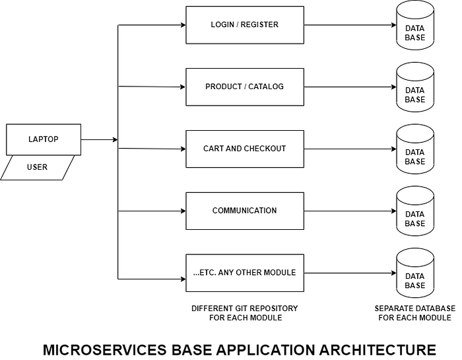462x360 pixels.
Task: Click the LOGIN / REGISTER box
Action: point(244,25)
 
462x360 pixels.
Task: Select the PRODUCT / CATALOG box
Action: point(244,87)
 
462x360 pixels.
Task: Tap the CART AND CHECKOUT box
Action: point(244,149)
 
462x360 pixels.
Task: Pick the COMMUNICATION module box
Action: point(244,211)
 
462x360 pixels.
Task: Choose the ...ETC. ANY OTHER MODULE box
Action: point(244,273)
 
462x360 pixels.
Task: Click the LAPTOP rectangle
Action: point(44,139)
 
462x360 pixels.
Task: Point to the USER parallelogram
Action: point(38,167)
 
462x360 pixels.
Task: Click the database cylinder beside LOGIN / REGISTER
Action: point(414,26)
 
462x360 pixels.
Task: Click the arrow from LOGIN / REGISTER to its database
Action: point(350,25)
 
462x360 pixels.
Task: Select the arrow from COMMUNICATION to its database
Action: point(350,211)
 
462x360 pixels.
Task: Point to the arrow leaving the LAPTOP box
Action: point(99,139)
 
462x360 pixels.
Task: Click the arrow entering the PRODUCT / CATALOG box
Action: point(152,87)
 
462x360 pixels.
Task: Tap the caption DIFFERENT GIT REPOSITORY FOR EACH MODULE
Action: point(244,313)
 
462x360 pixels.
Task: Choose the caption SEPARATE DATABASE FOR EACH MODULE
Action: point(414,313)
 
